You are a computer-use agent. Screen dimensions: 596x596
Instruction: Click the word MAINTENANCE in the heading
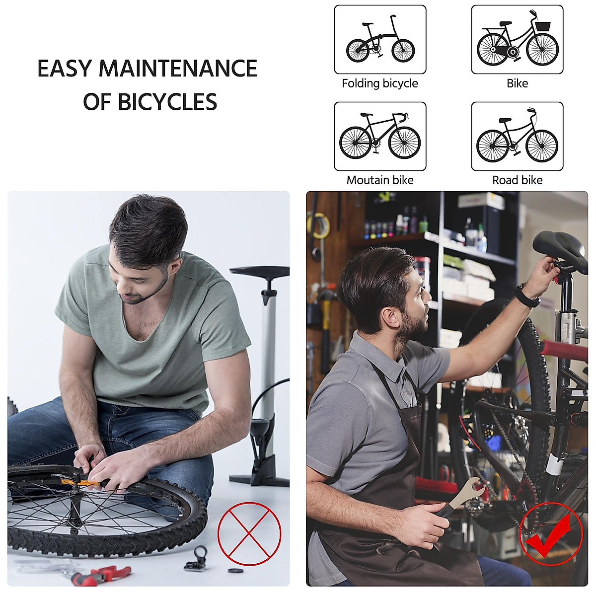[178, 69]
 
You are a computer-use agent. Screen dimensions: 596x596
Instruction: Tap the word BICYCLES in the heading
[167, 102]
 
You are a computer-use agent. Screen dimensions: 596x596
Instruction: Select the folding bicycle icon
[380, 40]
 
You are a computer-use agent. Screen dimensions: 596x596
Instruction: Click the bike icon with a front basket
[517, 40]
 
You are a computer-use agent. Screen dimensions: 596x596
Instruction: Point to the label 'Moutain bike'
[380, 180]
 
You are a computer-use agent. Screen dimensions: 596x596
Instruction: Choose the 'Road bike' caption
[517, 180]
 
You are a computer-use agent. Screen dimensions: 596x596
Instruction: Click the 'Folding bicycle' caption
[380, 83]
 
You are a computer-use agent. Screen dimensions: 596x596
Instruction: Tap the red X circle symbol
[249, 533]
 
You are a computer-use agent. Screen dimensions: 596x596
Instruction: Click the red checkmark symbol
[550, 534]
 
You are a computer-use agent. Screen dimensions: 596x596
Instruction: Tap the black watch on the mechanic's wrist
[526, 296]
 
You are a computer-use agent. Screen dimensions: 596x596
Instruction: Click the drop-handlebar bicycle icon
[380, 137]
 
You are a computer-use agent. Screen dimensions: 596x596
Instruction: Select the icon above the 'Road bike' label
[517, 137]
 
